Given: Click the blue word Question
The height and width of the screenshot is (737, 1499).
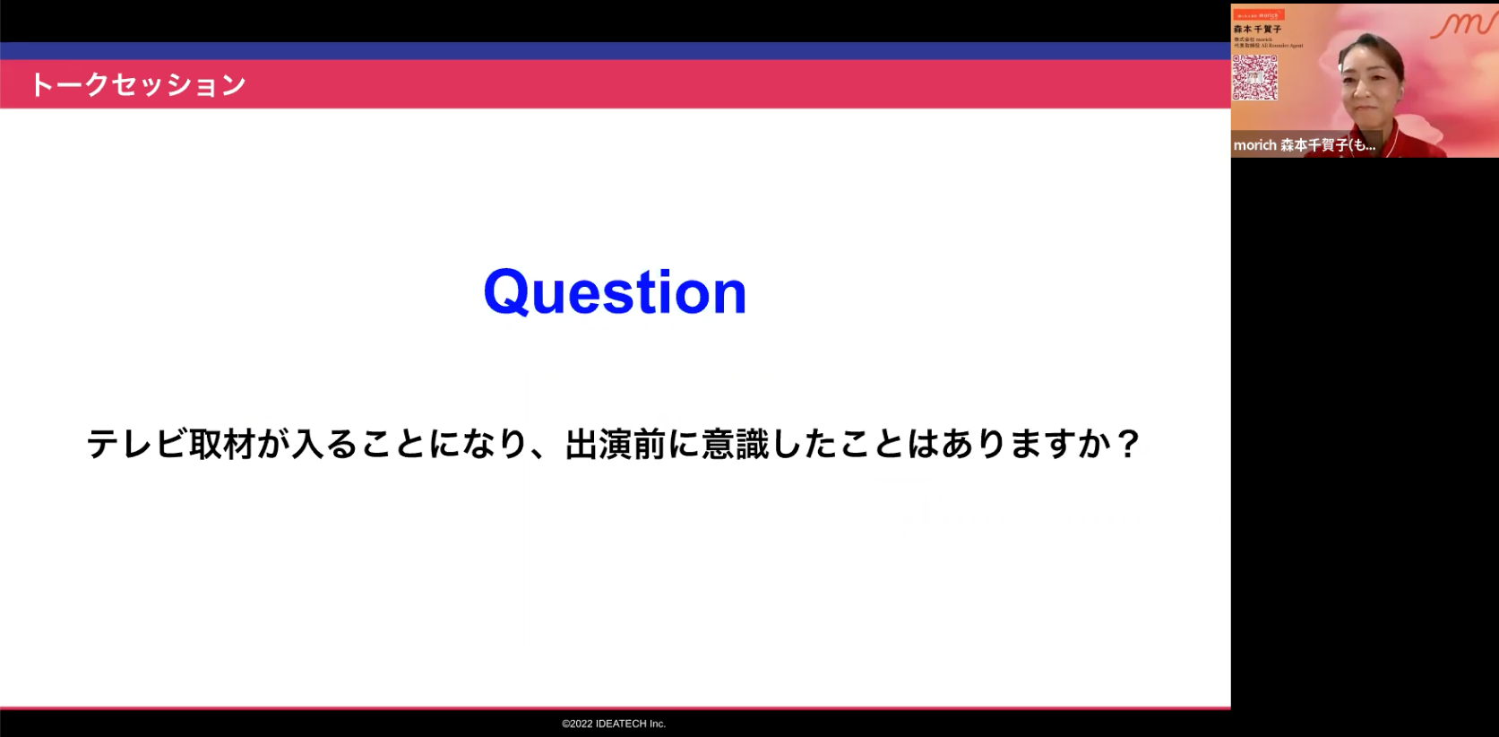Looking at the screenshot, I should click(x=615, y=292).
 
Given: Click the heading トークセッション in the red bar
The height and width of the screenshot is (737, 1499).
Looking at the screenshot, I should click(x=138, y=85).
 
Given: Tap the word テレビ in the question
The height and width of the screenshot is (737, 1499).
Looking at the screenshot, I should click(x=137, y=444).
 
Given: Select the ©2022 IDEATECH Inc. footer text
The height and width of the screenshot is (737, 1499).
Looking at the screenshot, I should click(x=614, y=724).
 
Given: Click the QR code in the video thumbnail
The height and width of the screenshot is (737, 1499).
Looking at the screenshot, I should click(x=1254, y=77).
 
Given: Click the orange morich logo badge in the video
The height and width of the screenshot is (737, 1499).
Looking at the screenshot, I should click(x=1259, y=15).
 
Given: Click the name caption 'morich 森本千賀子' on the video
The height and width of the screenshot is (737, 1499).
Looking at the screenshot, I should click(x=1304, y=145).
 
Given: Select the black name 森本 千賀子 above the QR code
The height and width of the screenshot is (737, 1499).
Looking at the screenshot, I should click(x=1257, y=30).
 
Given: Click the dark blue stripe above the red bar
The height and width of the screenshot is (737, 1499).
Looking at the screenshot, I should click(x=615, y=50).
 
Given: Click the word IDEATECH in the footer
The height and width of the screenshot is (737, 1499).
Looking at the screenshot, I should click(x=621, y=724).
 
